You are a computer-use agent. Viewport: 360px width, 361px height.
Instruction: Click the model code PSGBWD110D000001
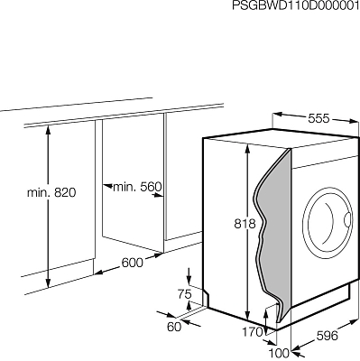click(x=296, y=5)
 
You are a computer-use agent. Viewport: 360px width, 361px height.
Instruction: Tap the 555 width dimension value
click(x=318, y=118)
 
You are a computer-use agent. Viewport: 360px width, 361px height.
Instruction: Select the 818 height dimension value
click(x=245, y=224)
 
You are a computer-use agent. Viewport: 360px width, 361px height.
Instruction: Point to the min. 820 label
click(x=51, y=192)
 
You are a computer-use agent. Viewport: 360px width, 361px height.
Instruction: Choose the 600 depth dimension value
click(x=133, y=263)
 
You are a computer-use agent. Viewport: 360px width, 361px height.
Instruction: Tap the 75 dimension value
click(x=184, y=294)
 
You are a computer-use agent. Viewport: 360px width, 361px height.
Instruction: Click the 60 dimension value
click(x=174, y=327)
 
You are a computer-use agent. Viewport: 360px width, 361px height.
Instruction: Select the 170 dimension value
click(x=253, y=332)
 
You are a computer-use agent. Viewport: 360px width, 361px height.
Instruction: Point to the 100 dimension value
click(x=279, y=352)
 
